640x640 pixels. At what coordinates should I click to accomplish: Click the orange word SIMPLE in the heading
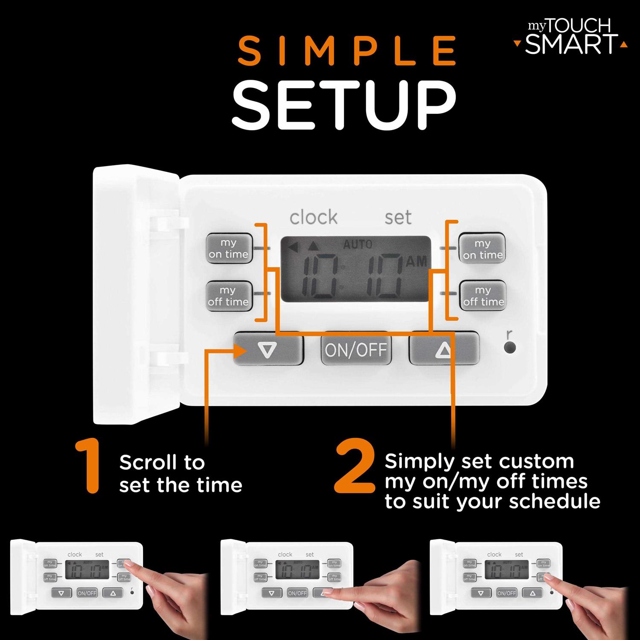pos(346,51)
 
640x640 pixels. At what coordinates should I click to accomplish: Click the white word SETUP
pos(344,105)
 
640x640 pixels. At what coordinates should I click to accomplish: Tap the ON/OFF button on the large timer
pos(356,350)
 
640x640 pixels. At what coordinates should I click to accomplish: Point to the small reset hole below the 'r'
pos(509,348)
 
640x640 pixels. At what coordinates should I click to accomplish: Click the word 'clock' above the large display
pos(313,218)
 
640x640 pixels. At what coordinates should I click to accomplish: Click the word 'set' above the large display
pos(398,218)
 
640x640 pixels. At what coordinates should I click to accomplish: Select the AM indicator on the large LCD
pos(416,262)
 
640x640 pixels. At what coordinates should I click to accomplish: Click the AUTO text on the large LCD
pos(358,244)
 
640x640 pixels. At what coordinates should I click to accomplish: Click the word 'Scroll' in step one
pos(148,463)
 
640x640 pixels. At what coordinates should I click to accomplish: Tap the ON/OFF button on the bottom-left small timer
pos(87,593)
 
